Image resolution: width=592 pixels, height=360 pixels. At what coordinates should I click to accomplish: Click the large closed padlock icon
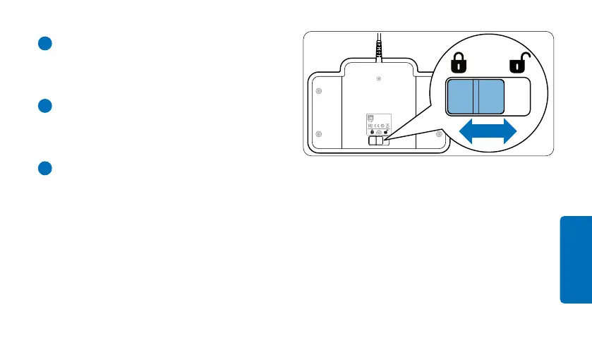pos(459,65)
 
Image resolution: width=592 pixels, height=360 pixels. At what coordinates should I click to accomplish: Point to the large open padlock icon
pos(518,65)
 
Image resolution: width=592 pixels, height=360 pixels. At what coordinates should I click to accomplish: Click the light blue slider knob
pos(475,97)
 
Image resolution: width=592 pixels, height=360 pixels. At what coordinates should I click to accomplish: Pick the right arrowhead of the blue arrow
pos(508,133)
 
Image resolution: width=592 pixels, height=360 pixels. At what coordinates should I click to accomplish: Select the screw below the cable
pos(380,78)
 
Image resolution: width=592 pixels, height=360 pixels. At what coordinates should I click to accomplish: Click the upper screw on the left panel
pos(318,92)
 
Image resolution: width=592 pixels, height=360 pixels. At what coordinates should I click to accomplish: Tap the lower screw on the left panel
pos(318,134)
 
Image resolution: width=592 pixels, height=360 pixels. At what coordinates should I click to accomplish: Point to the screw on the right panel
pos(439,133)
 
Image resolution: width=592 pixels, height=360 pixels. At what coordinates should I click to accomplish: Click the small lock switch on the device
pos(378,141)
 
